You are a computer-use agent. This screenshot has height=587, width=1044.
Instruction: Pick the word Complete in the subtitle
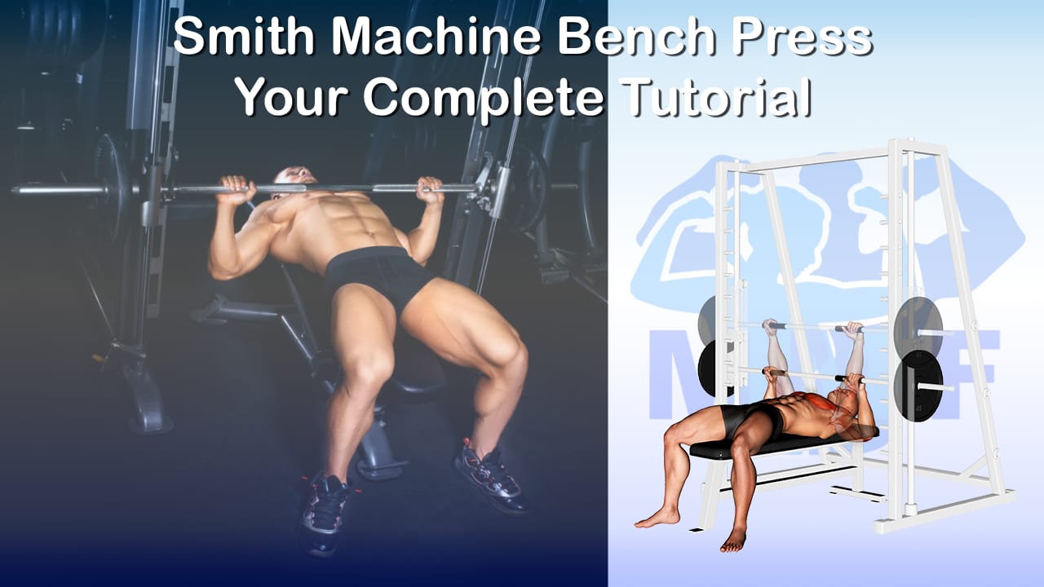(x=484, y=99)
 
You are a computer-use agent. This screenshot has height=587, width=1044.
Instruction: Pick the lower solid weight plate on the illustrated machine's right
(x=918, y=386)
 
